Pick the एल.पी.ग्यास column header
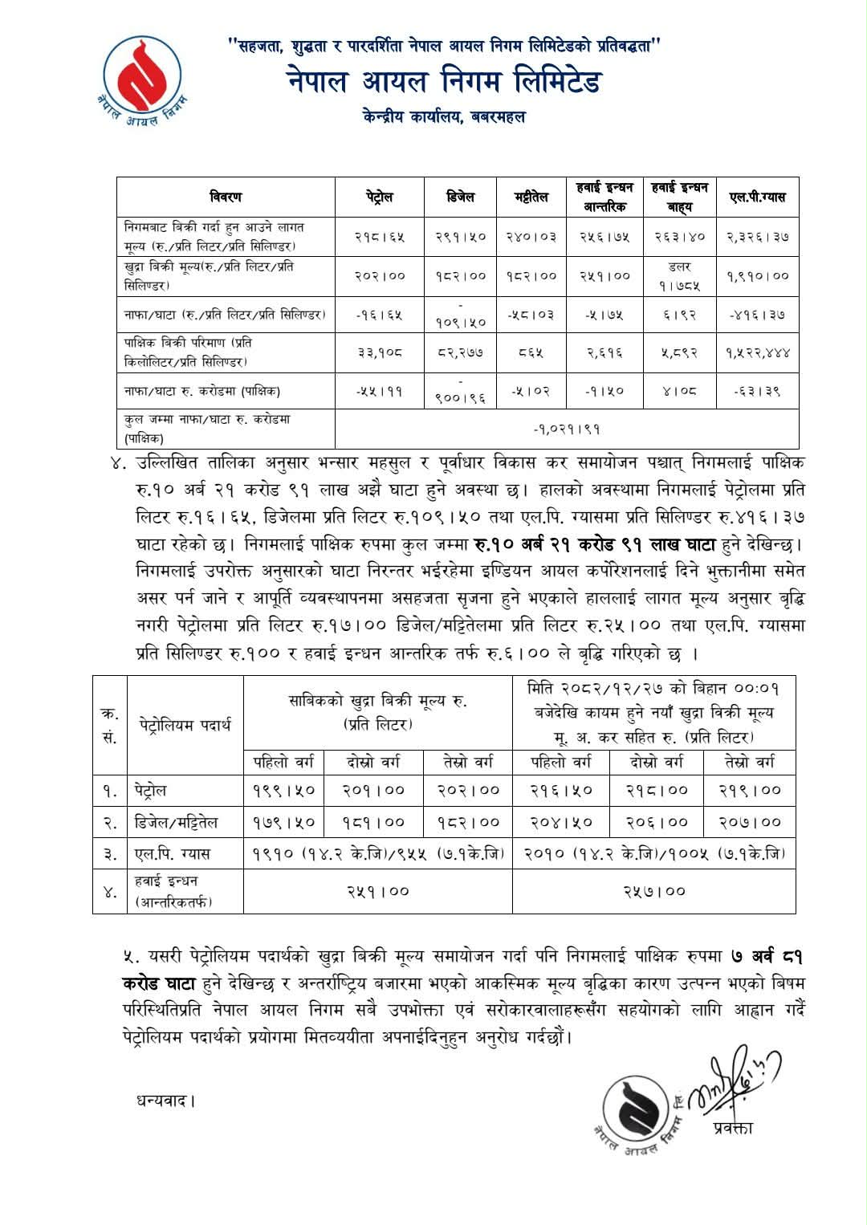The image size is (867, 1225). click(x=758, y=197)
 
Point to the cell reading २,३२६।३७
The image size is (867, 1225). click(x=758, y=236)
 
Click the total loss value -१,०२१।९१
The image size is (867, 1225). click(x=567, y=429)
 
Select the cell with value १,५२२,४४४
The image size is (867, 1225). click(x=758, y=352)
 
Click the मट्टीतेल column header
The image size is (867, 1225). click(x=531, y=197)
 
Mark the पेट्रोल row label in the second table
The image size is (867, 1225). click(x=151, y=790)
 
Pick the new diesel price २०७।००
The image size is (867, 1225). click(x=749, y=822)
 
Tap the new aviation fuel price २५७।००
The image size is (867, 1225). click(x=654, y=891)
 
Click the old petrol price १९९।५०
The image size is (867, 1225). click(x=283, y=790)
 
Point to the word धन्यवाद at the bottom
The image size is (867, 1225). click(x=165, y=1101)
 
